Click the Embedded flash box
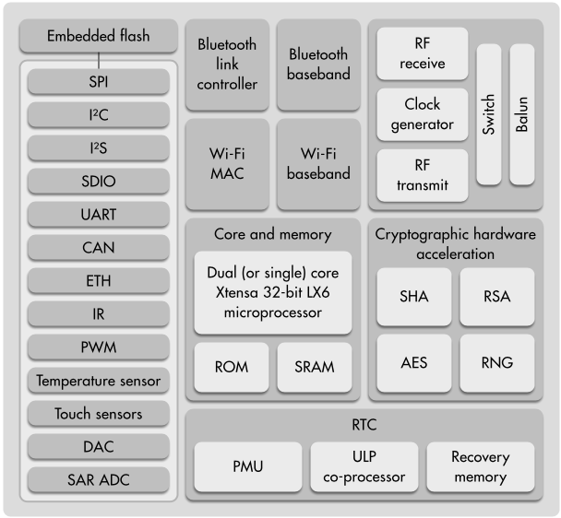click(x=99, y=37)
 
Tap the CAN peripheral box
click(x=99, y=248)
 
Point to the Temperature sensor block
click(x=99, y=381)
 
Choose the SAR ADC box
click(x=99, y=480)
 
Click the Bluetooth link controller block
click(x=227, y=63)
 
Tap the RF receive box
click(x=422, y=53)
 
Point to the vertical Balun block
click(x=522, y=113)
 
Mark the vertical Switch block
click(x=488, y=113)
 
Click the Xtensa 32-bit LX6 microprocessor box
click(x=272, y=291)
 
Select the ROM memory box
click(x=231, y=367)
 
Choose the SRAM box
click(x=315, y=367)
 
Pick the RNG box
click(x=497, y=363)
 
